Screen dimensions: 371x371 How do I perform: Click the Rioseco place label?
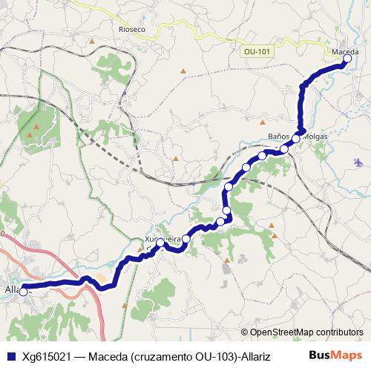point(132,29)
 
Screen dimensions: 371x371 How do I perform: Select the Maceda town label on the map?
point(345,51)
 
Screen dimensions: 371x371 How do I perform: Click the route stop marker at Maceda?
point(347,59)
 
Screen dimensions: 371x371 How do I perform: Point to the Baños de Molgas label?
point(297,136)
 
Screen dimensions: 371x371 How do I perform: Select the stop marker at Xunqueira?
point(160,243)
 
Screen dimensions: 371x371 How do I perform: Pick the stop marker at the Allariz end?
point(23,292)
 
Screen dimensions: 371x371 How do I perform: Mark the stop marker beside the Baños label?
point(295,139)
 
